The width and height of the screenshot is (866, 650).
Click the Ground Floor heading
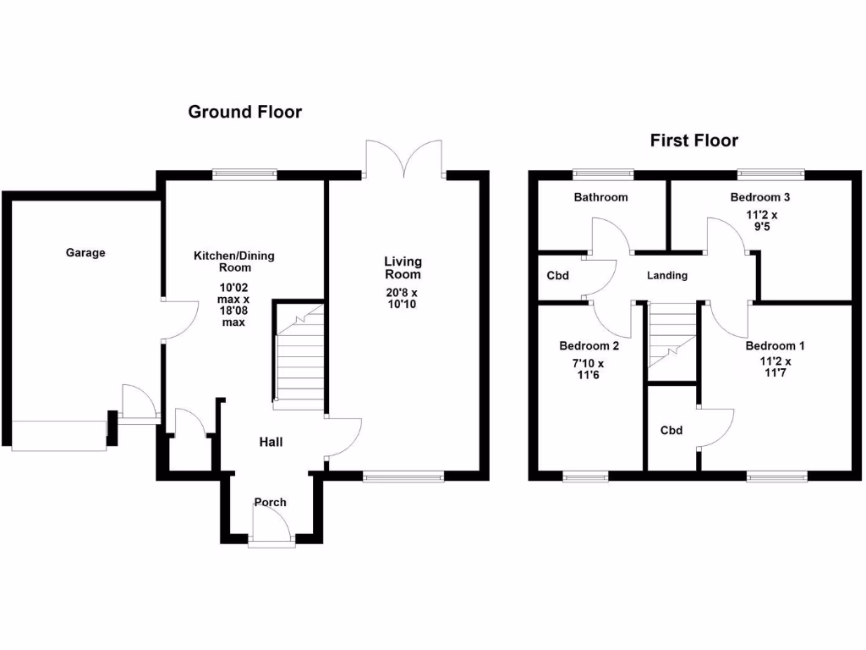(x=244, y=112)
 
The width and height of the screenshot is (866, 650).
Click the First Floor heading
(x=693, y=140)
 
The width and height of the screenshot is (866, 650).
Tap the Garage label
(x=85, y=252)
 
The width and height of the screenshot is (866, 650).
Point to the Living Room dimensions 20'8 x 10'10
(x=403, y=299)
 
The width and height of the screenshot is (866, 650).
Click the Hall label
(x=271, y=442)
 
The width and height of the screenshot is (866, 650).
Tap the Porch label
(x=271, y=502)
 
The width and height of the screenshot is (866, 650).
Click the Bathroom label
(x=600, y=197)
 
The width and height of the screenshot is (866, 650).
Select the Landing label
(x=667, y=275)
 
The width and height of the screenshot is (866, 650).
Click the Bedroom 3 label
(x=760, y=197)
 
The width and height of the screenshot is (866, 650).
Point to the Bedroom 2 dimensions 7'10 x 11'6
(x=589, y=370)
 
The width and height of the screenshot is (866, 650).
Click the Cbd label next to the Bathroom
(x=557, y=275)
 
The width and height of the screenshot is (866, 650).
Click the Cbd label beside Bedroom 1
(x=671, y=430)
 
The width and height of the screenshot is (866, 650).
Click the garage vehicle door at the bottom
(x=59, y=435)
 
